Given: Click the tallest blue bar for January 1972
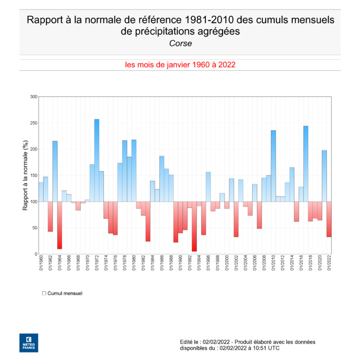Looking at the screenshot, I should (x=97, y=160).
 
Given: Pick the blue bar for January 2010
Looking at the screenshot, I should (x=273, y=166).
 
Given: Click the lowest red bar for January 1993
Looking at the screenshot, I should (x=194, y=226).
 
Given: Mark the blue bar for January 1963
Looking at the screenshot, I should (x=55, y=171).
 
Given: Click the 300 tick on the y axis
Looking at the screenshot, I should (x=34, y=97).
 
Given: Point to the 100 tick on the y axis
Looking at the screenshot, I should (x=34, y=202).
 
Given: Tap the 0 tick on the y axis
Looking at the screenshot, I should (x=35, y=254).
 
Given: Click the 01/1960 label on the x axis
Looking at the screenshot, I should (x=41, y=265).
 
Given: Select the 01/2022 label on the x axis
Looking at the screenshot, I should (x=329, y=265).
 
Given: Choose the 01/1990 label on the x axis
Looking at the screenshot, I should (x=180, y=265).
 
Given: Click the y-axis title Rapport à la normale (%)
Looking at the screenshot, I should (x=25, y=175).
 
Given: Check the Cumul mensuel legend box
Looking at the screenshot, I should (x=44, y=293).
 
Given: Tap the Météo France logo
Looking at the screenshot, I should (x=29, y=342).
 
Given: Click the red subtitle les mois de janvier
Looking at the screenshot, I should (x=180, y=65).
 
